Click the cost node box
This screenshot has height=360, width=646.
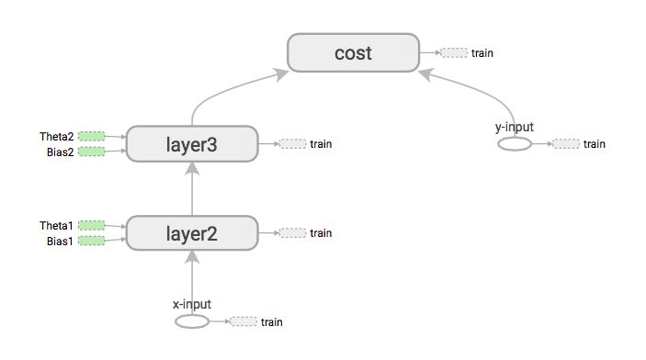pos(353,52)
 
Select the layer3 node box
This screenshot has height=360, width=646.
pos(191,143)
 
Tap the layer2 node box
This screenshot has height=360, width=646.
pos(191,233)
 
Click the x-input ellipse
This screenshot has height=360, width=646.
pos(191,321)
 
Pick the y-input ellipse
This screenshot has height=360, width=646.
pos(515,144)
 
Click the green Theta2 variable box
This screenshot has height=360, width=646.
pos(91,136)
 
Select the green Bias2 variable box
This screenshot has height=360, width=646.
pos(91,152)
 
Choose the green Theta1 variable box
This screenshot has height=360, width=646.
pos(91,225)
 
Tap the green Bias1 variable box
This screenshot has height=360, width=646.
pos(91,241)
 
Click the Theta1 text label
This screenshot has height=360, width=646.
pos(56,225)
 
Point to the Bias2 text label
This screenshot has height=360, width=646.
pos(60,152)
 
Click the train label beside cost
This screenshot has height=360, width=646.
pos(482,52)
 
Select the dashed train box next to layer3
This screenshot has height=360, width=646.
pos(292,143)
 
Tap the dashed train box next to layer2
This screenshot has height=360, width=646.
pos(292,233)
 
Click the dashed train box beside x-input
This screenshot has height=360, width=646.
pos(244,321)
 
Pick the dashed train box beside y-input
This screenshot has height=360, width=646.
pos(567,144)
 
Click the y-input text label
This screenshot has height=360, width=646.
pos(515,127)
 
